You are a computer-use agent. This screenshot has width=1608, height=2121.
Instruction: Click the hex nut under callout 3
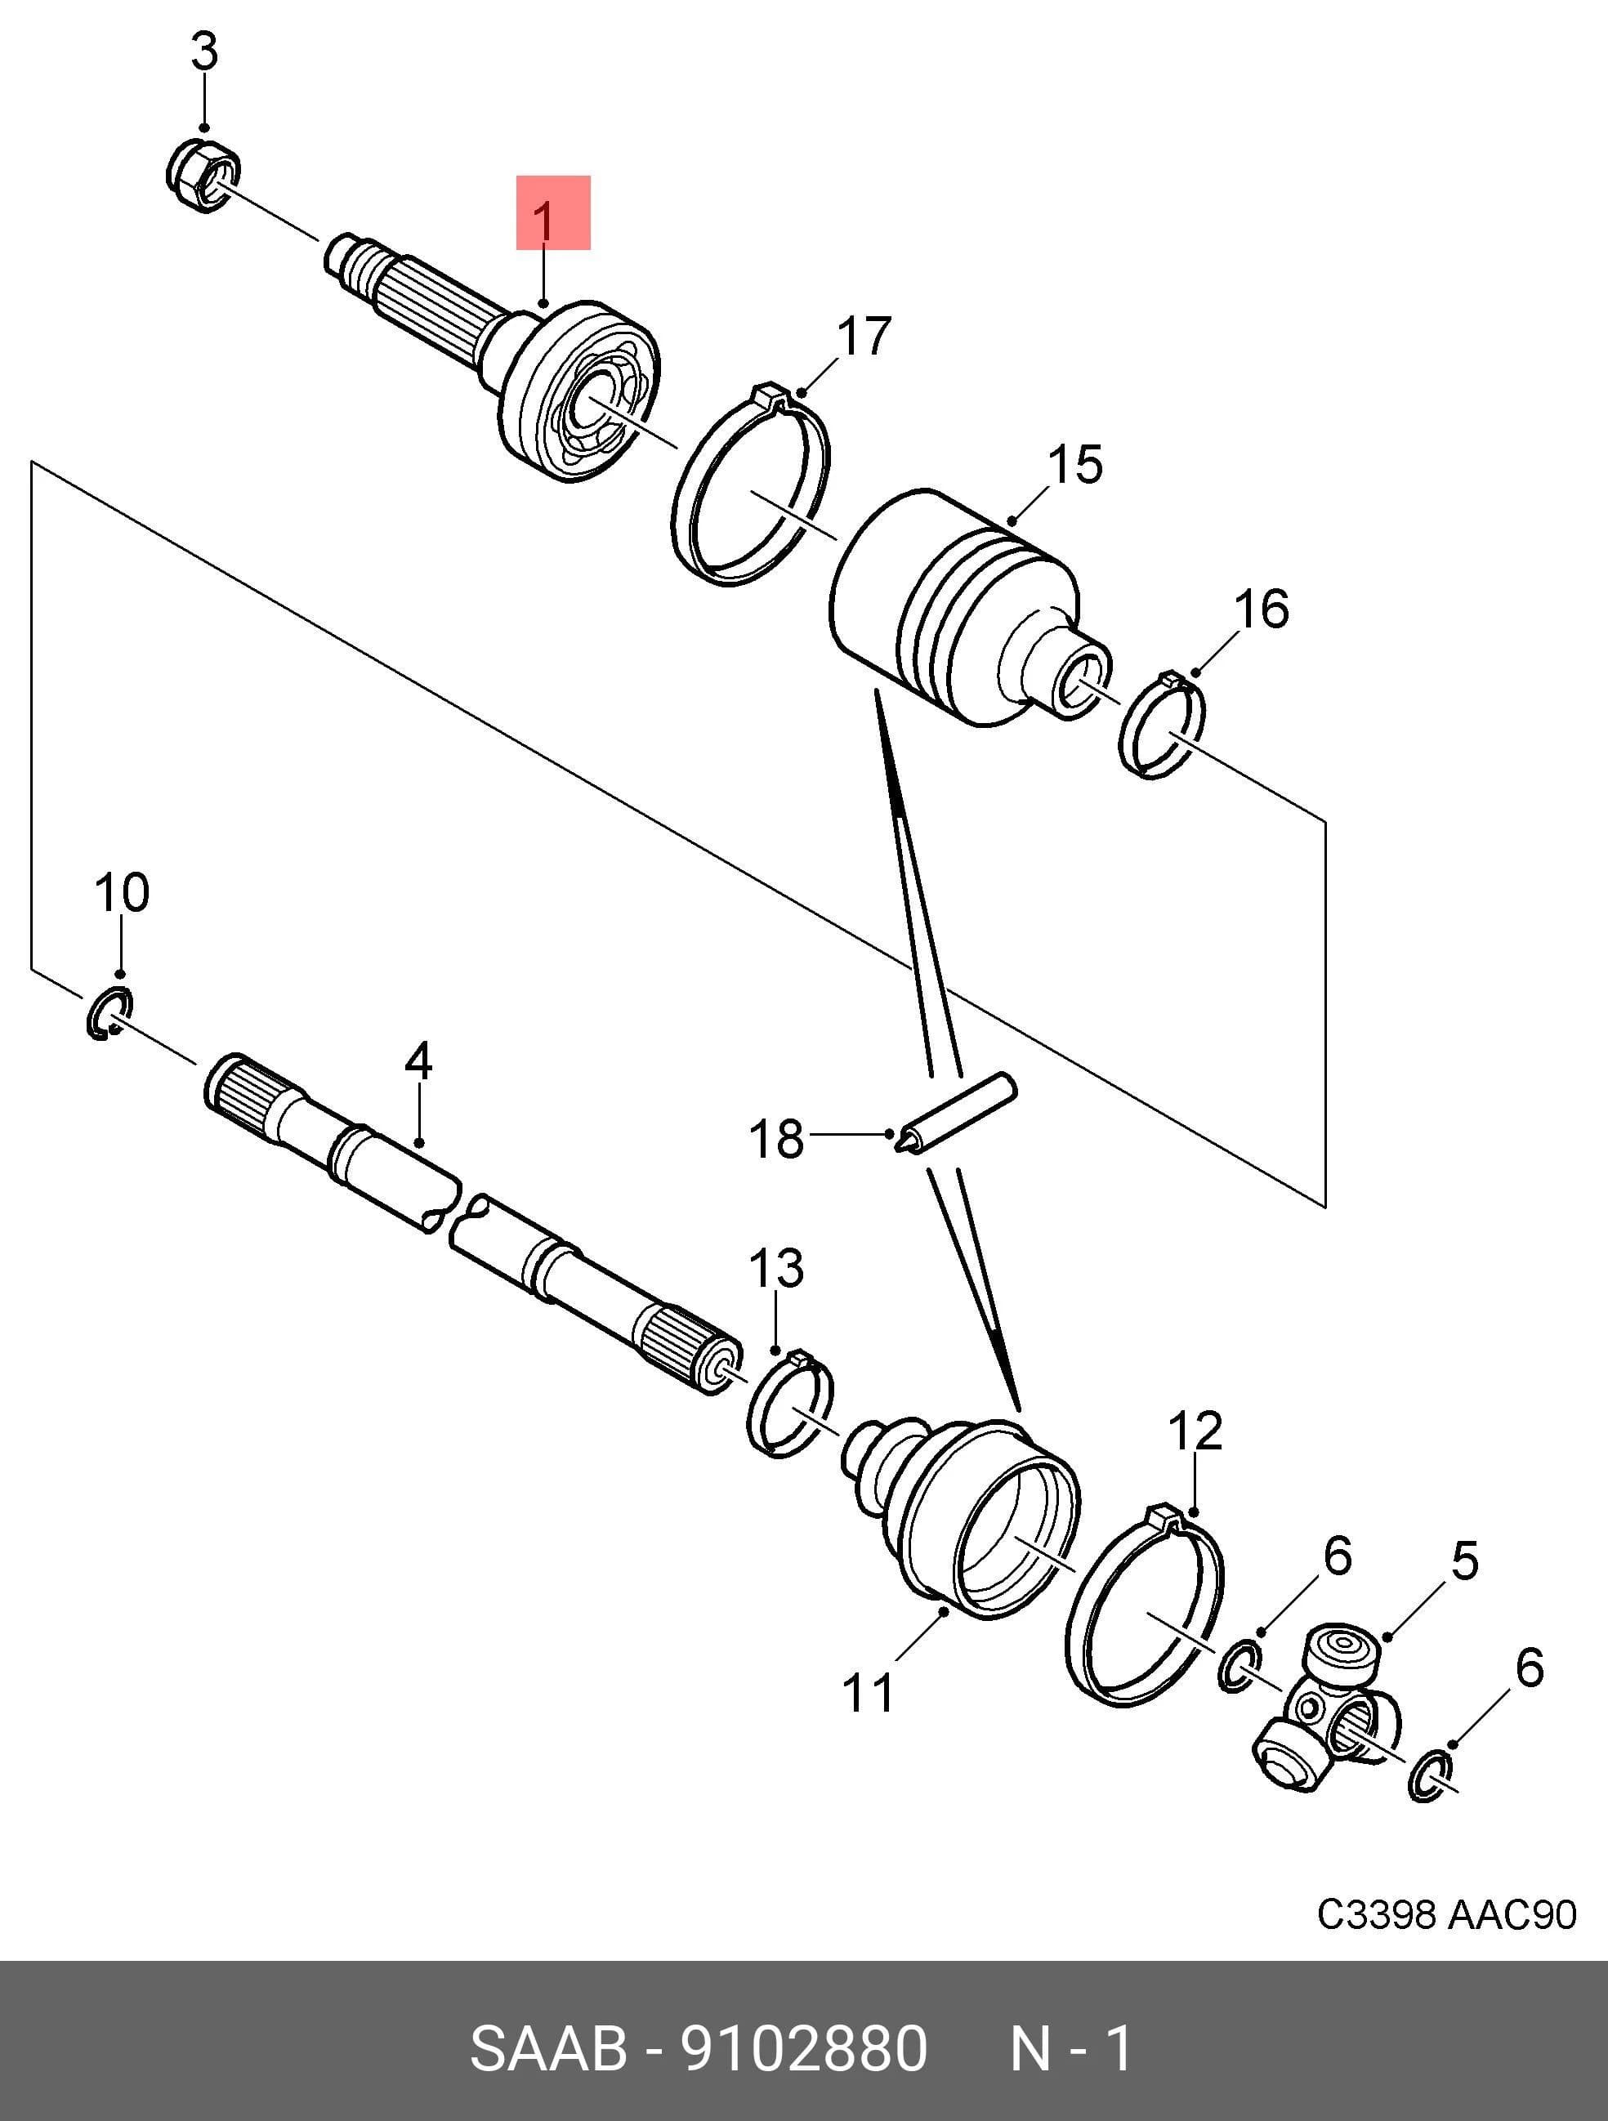pos(203,176)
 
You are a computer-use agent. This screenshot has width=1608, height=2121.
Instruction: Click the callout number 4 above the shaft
pos(418,1060)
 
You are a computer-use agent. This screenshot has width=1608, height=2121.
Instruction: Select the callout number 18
pos(775,1139)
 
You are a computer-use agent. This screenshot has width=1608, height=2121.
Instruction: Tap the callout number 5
pos(1464,1561)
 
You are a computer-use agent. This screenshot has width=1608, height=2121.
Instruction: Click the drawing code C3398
pos(1377,1915)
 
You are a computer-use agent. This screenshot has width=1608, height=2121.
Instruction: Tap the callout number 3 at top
pos(204,51)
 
